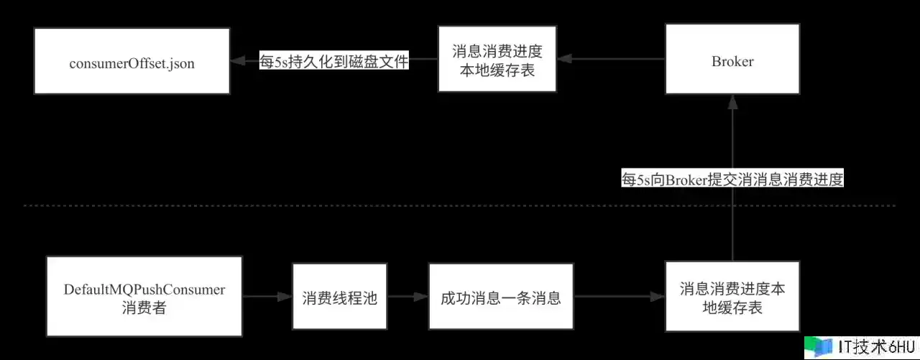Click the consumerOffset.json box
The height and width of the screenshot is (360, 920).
tap(132, 63)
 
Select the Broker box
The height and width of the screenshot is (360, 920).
tap(732, 60)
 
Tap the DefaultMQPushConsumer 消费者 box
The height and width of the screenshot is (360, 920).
tap(144, 296)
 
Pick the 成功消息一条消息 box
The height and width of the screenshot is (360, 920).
tap(501, 297)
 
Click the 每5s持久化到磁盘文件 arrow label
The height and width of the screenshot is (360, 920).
tap(334, 62)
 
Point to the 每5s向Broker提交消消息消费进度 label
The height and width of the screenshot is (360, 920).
tap(732, 180)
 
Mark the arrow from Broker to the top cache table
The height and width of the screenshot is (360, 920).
tap(611, 60)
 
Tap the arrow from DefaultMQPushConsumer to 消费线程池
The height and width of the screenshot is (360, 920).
tap(267, 296)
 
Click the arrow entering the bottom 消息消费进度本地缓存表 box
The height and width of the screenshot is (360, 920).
tap(618, 296)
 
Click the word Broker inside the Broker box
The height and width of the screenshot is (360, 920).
tap(732, 62)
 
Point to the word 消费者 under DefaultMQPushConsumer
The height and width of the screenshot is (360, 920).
tap(144, 309)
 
